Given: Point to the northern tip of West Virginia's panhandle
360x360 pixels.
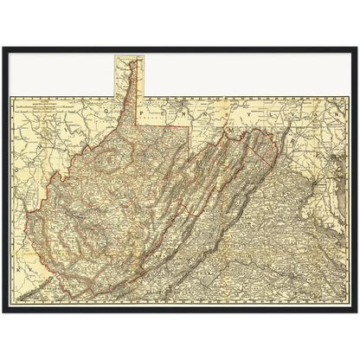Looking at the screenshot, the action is tap(132, 61).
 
